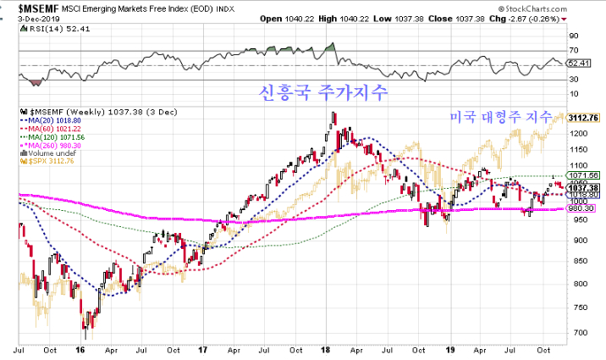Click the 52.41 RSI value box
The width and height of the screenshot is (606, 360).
(x=578, y=62)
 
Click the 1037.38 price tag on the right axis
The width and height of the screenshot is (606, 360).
(x=584, y=188)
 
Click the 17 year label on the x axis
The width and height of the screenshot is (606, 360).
(x=203, y=348)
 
